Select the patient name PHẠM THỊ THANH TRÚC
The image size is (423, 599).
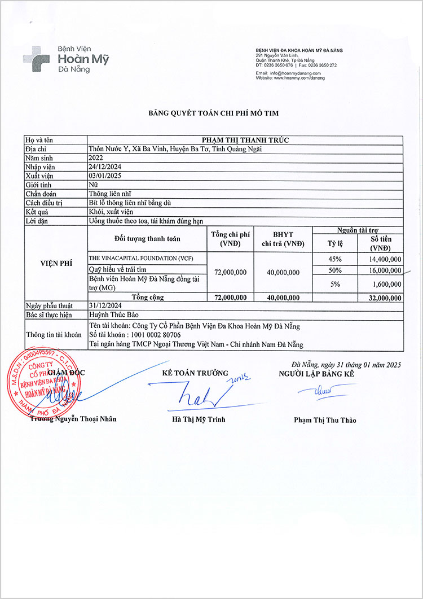pos(245,139)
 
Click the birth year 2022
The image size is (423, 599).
pos(96,158)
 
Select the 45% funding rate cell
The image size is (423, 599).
pos(336,259)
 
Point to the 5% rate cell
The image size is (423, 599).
pos(336,284)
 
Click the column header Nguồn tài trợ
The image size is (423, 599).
pos(358,230)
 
